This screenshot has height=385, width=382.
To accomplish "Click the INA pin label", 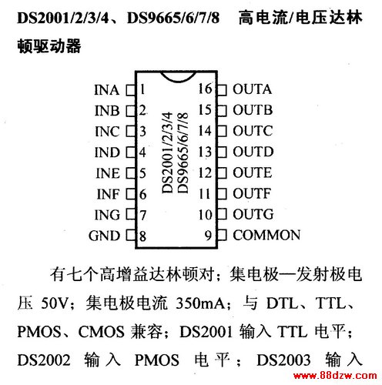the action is tap(106, 90).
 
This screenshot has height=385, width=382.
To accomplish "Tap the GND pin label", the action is tap(104, 236).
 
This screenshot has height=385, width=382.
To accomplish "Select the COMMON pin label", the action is tap(266, 235).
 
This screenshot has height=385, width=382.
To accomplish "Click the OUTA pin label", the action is tap(252, 89).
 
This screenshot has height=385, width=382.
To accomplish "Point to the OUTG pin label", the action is tap(253, 214).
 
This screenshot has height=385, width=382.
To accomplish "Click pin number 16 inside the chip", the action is tap(206, 89).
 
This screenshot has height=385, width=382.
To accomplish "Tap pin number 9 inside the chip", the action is tap(208, 236).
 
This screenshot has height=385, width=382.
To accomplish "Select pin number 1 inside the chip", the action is tap(142, 89).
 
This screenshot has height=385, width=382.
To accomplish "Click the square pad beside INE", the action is tap(130, 173).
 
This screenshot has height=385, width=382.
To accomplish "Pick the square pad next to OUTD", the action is tap(222, 152).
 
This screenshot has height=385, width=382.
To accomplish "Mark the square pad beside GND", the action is tap(130, 236).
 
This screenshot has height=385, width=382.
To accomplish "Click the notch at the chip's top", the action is tap(177, 76).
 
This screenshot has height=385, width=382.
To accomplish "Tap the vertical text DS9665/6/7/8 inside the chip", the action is tap(183, 152).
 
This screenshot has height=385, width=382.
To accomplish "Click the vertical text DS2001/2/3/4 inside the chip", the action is tap(167, 152).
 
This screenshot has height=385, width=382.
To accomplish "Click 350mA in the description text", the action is tap(200, 303).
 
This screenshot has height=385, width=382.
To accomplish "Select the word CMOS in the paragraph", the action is tap(101, 331).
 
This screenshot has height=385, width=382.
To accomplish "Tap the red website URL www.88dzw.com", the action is tap(335, 376).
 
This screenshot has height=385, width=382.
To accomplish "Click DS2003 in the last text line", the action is tap(283, 360).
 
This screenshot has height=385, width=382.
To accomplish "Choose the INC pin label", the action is tap(107, 132).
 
